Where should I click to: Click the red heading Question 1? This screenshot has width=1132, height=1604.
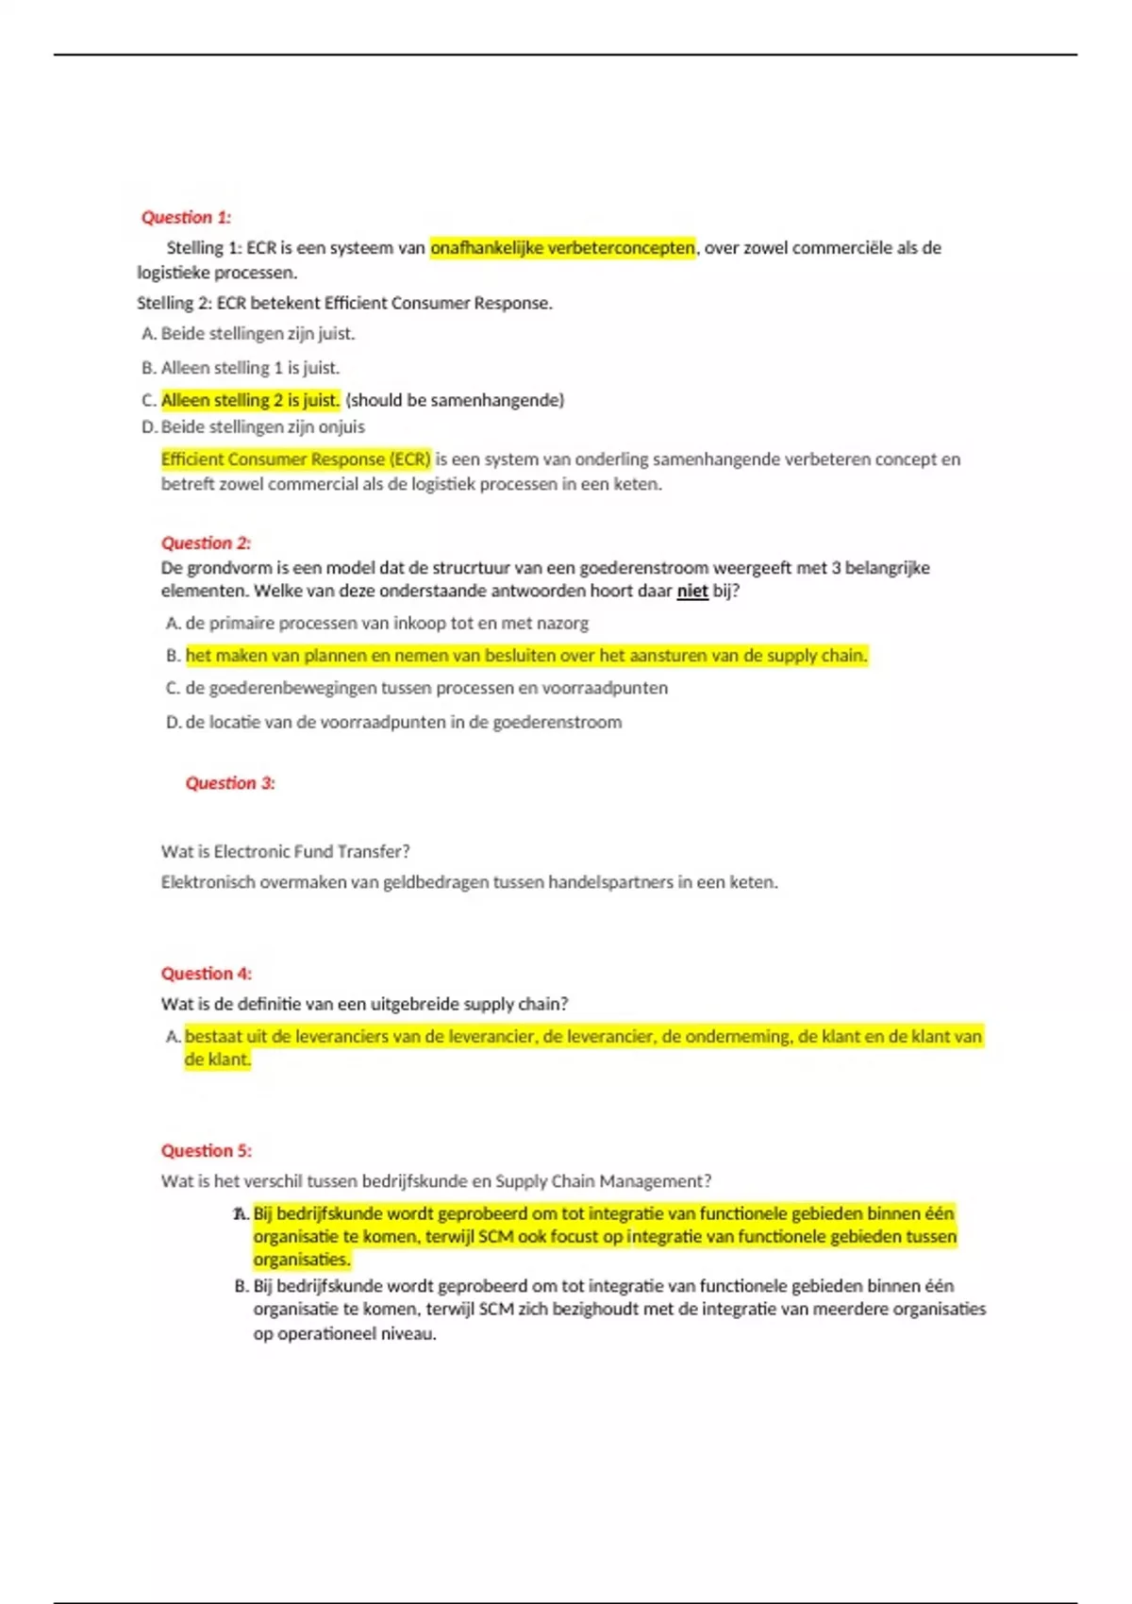pyautogui.click(x=186, y=217)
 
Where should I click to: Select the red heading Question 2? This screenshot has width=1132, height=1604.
pyautogui.click(x=206, y=543)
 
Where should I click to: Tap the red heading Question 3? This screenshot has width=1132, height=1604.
pyautogui.click(x=230, y=783)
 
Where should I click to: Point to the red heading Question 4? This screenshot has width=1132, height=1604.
pyautogui.click(x=206, y=974)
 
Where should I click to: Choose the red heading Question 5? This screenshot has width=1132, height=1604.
pyautogui.click(x=206, y=1151)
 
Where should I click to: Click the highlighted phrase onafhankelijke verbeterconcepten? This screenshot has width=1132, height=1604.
pyautogui.click(x=562, y=248)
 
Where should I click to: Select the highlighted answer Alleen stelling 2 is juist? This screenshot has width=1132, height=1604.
pyautogui.click(x=250, y=400)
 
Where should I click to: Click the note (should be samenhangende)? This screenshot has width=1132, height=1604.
pyautogui.click(x=455, y=400)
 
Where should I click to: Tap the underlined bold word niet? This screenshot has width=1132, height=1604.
pyautogui.click(x=692, y=592)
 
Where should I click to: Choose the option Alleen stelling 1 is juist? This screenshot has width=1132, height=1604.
pyautogui.click(x=250, y=368)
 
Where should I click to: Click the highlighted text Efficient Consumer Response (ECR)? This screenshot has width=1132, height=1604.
pyautogui.click(x=295, y=459)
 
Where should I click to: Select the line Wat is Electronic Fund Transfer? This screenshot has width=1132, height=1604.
pyautogui.click(x=285, y=852)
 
